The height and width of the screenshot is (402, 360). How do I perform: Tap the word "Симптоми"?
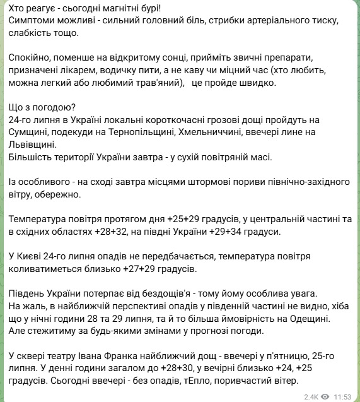[32, 21]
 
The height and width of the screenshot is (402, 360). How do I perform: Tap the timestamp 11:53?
[342, 396]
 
